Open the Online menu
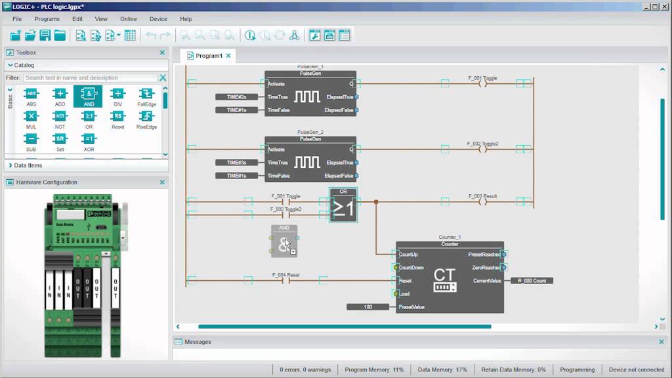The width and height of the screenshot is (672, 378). [129, 19]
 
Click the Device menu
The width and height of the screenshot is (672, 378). [158, 19]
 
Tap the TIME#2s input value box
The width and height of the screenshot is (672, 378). [236, 97]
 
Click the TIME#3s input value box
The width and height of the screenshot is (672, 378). [236, 163]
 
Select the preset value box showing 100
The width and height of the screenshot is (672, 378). [367, 307]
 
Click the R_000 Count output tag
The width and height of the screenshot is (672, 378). [532, 281]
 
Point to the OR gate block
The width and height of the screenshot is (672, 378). [343, 205]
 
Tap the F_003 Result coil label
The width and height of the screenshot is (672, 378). [482, 196]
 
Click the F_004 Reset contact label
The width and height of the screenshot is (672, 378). [285, 274]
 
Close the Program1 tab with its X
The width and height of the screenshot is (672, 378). [228, 56]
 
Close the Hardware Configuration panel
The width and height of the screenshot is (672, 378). [162, 182]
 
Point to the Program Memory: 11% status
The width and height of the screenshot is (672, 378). [374, 369]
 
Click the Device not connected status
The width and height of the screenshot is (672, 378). [636, 369]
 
